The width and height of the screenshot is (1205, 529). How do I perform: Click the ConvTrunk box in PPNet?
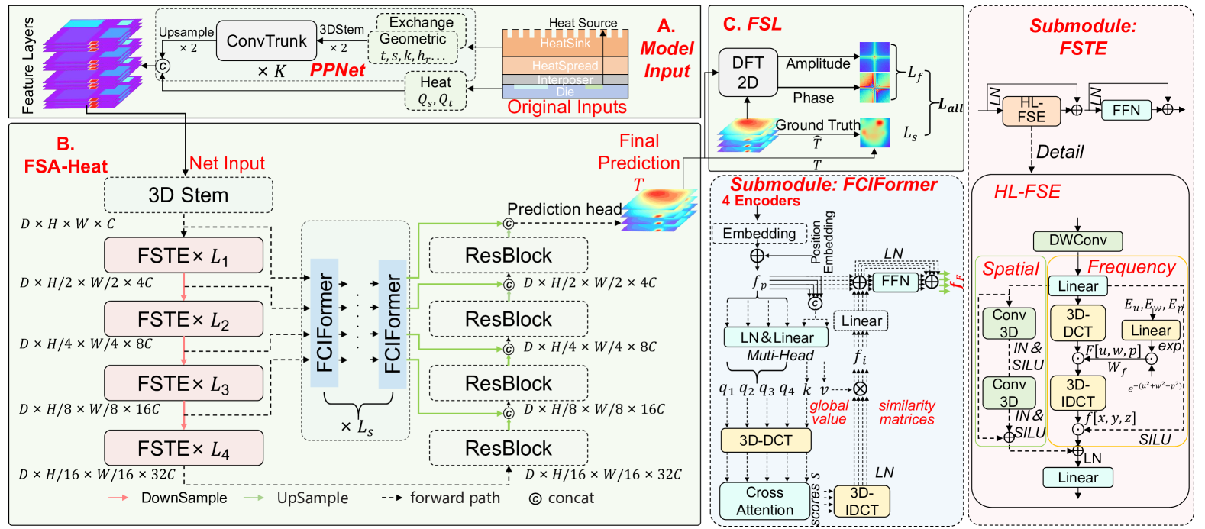pos(266,41)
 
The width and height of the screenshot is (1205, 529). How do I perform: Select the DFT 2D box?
pos(748,73)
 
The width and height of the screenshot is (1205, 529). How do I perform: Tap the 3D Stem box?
pos(188,195)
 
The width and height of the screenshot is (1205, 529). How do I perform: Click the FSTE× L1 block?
pos(183,256)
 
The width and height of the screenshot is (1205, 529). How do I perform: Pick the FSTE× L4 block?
pos(183,448)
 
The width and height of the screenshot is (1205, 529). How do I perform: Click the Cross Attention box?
pos(764,502)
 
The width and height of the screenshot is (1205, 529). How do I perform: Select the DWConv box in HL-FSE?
pos(1077,240)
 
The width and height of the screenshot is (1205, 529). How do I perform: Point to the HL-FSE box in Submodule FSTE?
pos(1031,111)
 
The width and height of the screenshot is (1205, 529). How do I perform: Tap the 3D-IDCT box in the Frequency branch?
pos(1077,393)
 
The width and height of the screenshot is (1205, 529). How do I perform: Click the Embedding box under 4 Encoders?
pos(759,234)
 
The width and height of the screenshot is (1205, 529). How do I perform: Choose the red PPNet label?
pos(338,70)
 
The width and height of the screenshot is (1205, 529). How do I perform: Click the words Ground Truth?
pos(817,124)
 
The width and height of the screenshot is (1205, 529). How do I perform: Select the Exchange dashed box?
pos(421,23)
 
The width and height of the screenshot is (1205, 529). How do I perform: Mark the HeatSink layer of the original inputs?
pos(565,44)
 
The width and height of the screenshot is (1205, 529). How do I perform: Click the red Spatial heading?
pos(1010,269)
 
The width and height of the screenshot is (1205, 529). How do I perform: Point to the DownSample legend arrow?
pos(118,498)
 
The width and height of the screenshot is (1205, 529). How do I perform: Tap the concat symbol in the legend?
pos(535,498)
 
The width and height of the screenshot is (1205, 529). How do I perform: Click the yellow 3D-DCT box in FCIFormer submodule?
pos(765,440)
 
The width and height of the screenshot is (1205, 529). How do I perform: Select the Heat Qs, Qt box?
pos(435,91)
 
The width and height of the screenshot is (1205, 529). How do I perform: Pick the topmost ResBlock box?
pos(508,256)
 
